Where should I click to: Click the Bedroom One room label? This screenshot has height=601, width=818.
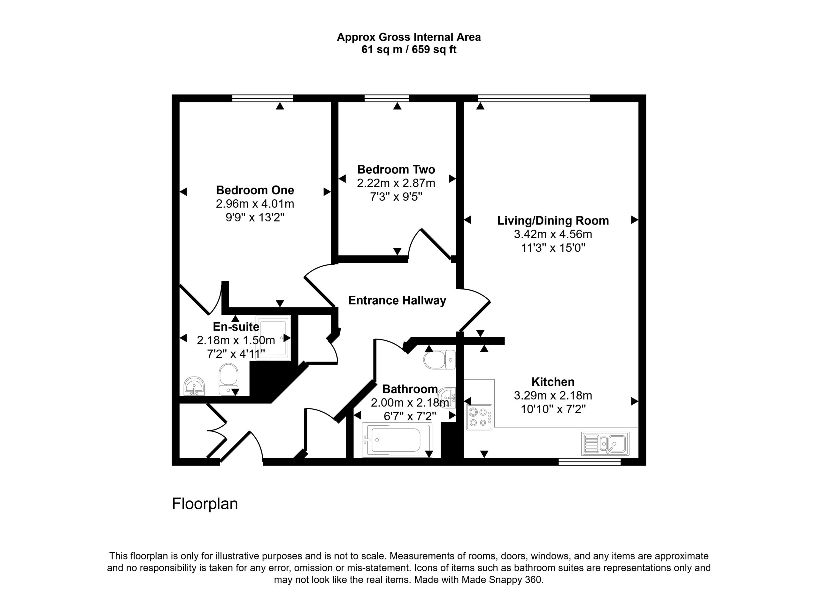click(255, 190)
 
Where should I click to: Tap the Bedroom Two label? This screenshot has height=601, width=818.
click(396, 170)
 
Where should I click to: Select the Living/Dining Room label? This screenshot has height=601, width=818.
click(553, 220)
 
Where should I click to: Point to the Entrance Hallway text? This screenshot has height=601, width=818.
click(397, 300)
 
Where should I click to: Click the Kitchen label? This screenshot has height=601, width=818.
click(553, 382)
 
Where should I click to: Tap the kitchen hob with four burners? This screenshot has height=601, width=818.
click(479, 417)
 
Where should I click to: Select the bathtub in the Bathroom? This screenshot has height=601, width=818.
click(397, 440)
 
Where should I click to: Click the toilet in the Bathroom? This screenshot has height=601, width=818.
click(439, 360)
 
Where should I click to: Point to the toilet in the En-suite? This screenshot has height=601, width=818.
click(228, 379)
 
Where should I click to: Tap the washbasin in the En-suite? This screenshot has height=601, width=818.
click(194, 386)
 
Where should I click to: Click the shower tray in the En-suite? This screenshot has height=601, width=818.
click(273, 338)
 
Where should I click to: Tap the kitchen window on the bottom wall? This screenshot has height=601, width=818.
click(590, 462)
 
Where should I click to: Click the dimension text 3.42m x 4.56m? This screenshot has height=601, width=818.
click(553, 234)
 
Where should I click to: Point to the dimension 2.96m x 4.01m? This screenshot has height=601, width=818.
click(255, 204)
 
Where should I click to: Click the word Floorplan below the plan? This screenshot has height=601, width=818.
click(204, 504)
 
